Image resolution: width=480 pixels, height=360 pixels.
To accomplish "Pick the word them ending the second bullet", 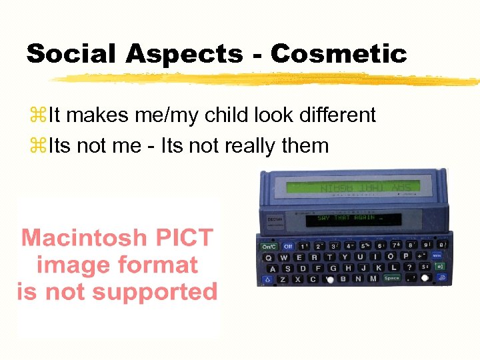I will (309, 145).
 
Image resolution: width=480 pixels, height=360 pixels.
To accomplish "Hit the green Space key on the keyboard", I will (391, 278).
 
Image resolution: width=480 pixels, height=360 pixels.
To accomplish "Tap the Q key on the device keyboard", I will (269, 256).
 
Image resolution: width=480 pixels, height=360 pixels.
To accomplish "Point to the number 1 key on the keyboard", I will (302, 246).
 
